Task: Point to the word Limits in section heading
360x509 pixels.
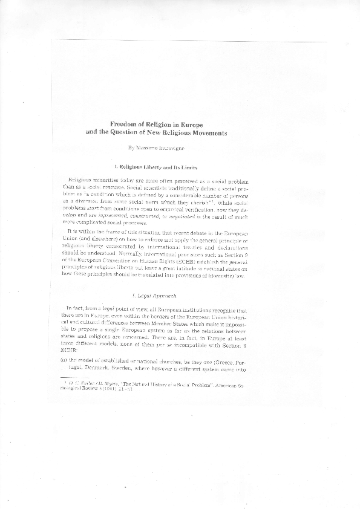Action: point(198,166)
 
